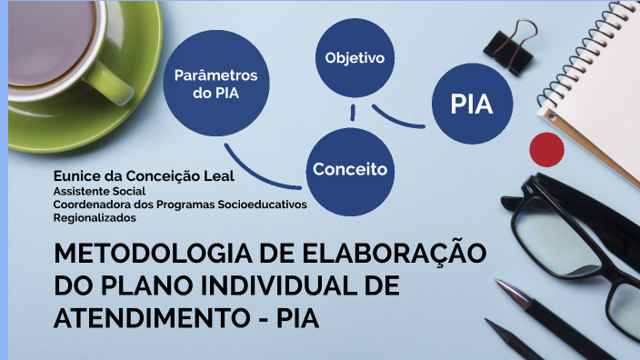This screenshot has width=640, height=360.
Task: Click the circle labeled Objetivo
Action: (355, 58)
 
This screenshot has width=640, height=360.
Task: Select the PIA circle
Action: (471, 104)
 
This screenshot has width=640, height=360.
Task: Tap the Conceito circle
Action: (350, 169)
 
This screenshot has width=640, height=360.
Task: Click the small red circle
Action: (547, 148)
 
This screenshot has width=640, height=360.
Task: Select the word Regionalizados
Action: (94, 217)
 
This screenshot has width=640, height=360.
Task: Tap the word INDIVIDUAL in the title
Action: (300, 286)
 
